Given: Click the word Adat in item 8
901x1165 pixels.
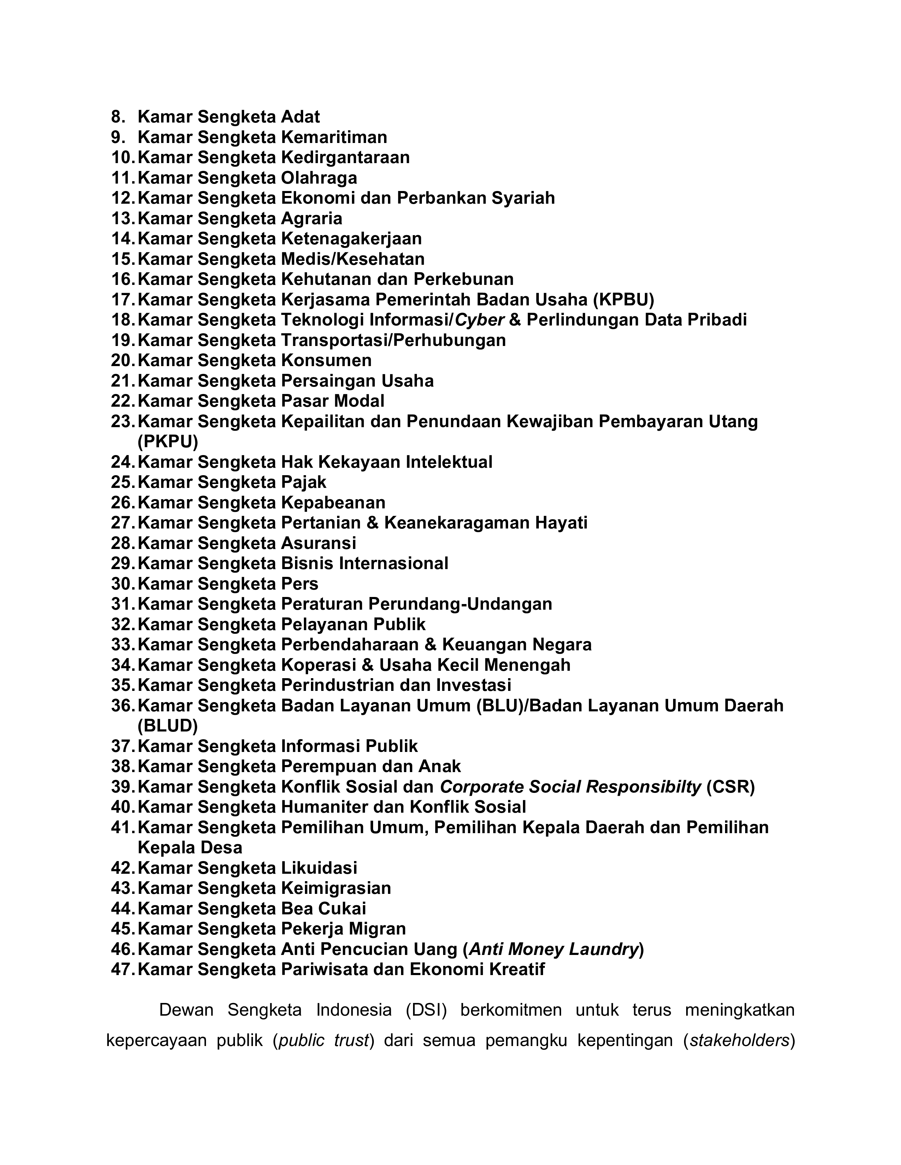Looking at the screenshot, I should (x=300, y=117).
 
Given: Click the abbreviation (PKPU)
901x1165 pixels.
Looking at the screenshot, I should (x=167, y=442).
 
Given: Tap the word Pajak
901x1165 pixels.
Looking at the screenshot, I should (x=303, y=482).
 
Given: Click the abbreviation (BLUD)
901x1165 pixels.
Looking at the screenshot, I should (x=167, y=725).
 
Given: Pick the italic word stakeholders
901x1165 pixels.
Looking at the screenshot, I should (x=739, y=1041).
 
